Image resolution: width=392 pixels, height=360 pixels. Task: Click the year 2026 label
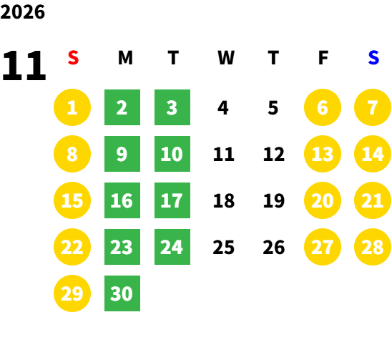pos(22,12)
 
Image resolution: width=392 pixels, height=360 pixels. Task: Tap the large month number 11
pos(24,65)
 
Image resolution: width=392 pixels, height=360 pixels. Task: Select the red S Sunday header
pos(73,57)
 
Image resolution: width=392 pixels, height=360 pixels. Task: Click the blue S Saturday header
pos(373,57)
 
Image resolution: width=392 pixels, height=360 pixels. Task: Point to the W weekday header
pos(226,57)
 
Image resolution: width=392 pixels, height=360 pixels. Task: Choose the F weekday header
pos(323,57)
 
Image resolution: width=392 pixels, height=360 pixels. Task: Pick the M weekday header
pos(125,57)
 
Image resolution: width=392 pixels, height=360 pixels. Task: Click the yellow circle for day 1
pos(72,107)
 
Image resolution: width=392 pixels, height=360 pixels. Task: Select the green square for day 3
pos(172,107)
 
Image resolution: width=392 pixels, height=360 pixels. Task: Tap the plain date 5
pos(273,108)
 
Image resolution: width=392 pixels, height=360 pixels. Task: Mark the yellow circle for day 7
pos(373,107)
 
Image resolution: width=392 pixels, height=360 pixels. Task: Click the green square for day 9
pos(122,154)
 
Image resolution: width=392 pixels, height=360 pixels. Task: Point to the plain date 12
pos(274,154)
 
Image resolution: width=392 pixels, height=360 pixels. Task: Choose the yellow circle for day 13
pos(323,154)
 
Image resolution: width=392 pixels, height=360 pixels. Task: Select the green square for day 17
pos(172,200)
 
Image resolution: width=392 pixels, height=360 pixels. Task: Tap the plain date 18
pos(224,200)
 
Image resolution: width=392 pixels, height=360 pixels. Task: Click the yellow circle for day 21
pos(373,200)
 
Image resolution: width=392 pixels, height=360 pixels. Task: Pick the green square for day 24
pos(172,247)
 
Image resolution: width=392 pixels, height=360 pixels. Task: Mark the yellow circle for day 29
pos(72,293)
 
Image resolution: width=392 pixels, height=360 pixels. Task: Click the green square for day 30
pos(122,293)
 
